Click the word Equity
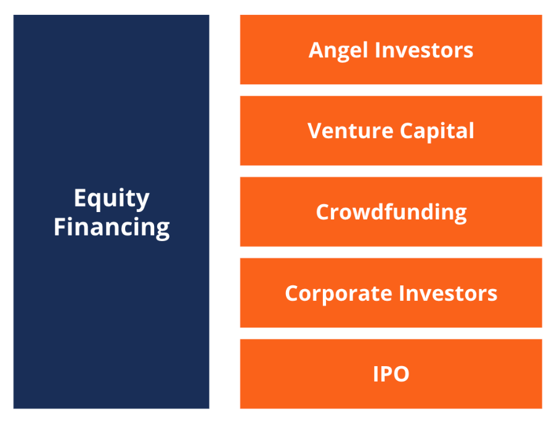112,199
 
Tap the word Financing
112,227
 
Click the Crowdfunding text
391,212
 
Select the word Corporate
335,293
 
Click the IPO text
391,374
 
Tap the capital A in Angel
316,50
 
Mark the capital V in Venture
315,131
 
